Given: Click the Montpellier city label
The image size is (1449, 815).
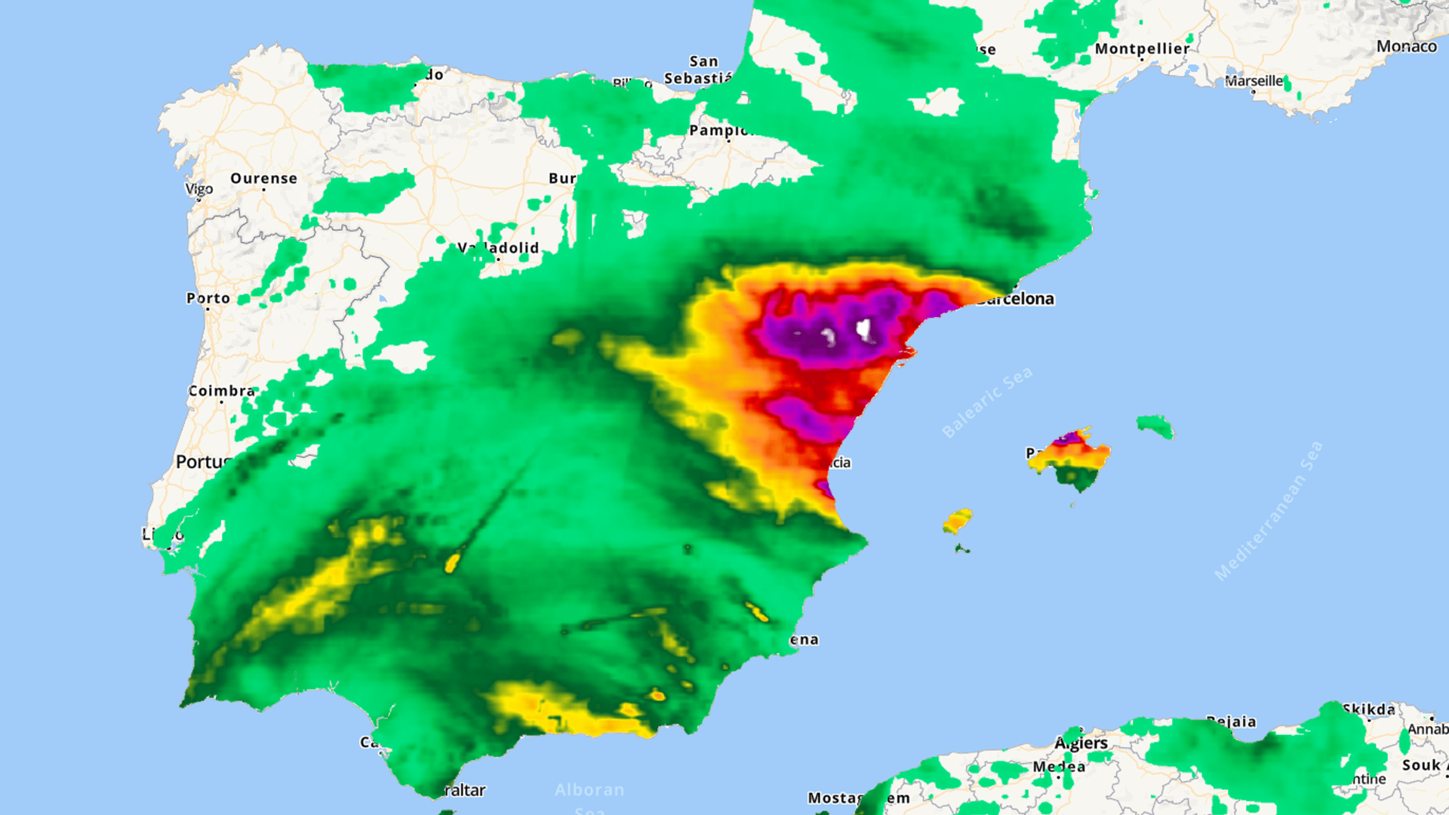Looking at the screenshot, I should pyautogui.click(x=1142, y=49).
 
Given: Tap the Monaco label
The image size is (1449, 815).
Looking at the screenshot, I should pyautogui.click(x=1406, y=47).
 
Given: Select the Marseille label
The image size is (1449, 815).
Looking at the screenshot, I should pyautogui.click(x=1254, y=81).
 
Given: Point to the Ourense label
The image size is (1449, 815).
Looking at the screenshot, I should pyautogui.click(x=263, y=179).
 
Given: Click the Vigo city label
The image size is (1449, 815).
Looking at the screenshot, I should pyautogui.click(x=199, y=189).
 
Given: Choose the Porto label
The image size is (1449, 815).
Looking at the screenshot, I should pyautogui.click(x=208, y=299).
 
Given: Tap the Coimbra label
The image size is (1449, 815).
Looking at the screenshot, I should pyautogui.click(x=221, y=391).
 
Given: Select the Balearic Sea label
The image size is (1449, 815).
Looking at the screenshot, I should pyautogui.click(x=986, y=403).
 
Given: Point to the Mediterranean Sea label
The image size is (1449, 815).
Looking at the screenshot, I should pyautogui.click(x=1268, y=511).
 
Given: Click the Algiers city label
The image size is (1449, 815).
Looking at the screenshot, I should pyautogui.click(x=1081, y=743).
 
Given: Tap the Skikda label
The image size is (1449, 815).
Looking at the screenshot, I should pyautogui.click(x=1368, y=709).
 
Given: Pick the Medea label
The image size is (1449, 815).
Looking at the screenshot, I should pyautogui.click(x=1059, y=767).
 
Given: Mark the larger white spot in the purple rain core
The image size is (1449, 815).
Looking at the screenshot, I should pyautogui.click(x=864, y=329).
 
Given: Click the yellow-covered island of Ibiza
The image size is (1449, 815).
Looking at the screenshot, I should pyautogui.click(x=957, y=521).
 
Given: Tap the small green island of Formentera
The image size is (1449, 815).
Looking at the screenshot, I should pyautogui.click(x=961, y=549).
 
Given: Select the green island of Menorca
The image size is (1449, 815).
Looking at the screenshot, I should pyautogui.click(x=1155, y=426).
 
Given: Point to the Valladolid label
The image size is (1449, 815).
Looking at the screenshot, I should pyautogui.click(x=499, y=248).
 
